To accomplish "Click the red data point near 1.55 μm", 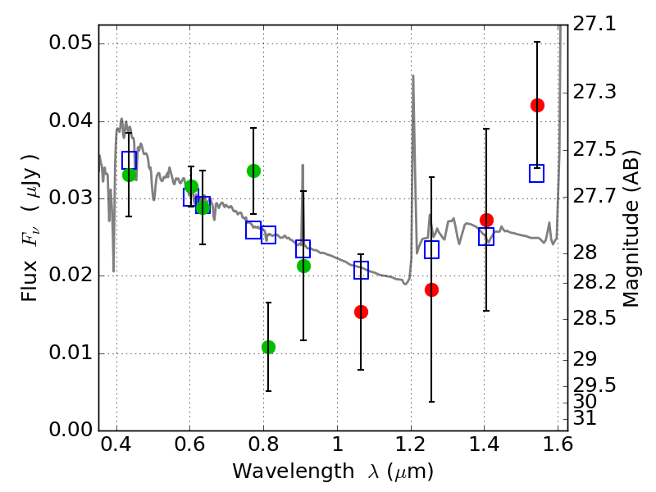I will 537,105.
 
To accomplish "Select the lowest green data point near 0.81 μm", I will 268,347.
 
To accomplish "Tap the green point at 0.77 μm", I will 253,171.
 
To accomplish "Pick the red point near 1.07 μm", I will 361,312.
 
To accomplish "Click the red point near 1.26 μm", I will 431,289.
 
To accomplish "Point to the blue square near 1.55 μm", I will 537,173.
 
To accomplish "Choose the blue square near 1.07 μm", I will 361,270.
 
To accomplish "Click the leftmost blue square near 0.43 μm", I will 129,160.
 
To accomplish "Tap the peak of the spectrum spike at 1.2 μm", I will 412,76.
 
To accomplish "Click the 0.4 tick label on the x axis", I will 117,448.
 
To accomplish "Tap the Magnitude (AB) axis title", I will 631,227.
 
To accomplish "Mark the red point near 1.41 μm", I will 486,220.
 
